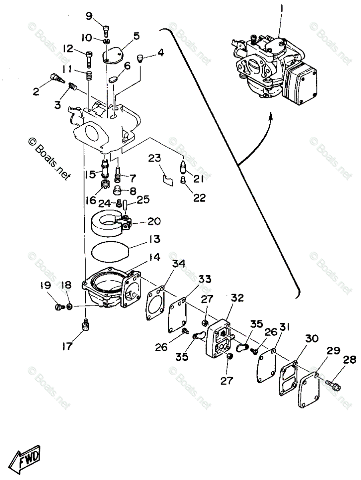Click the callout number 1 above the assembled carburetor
pyautogui.click(x=281, y=8)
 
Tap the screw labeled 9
pyautogui.click(x=106, y=29)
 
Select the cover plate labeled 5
pyautogui.click(x=114, y=54)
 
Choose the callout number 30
pyautogui.click(x=313, y=339)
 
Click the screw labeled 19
pyautogui.click(x=59, y=307)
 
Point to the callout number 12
pyautogui.click(x=68, y=49)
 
